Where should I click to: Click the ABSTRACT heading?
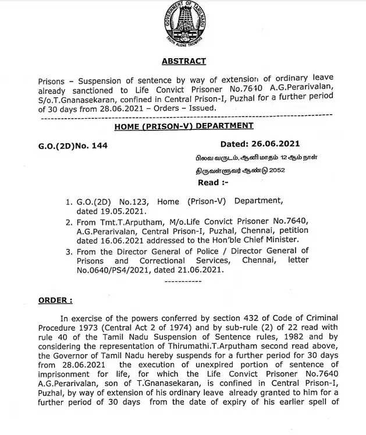[x=183, y=61]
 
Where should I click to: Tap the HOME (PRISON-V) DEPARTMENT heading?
[x=184, y=126]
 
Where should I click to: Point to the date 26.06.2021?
[x=277, y=144]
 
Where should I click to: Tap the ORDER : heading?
[x=56, y=300]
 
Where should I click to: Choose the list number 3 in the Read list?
[x=69, y=251]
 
